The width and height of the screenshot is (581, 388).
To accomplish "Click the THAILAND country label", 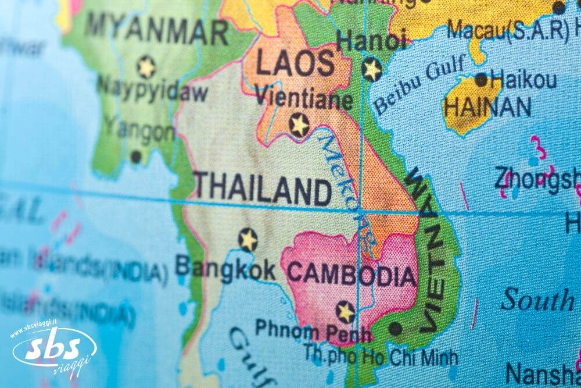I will pyautogui.click(x=262, y=188).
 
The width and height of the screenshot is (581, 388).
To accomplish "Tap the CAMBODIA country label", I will pyautogui.click(x=352, y=273).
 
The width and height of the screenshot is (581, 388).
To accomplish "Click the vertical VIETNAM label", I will pyautogui.click(x=430, y=250).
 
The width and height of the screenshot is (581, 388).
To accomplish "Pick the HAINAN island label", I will pyautogui.click(x=487, y=107).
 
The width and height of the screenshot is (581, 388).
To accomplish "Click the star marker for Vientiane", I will pyautogui.click(x=299, y=125).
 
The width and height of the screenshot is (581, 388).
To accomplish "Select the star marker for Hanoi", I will pyautogui.click(x=372, y=69).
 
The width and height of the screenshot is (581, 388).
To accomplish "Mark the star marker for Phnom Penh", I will pyautogui.click(x=346, y=312).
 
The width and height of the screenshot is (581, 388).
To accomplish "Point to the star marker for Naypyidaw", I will pyautogui.click(x=146, y=67).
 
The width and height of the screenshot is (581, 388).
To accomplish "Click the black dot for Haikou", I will pyautogui.click(x=481, y=80).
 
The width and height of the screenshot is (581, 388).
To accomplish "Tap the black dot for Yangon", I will pyautogui.click(x=136, y=156).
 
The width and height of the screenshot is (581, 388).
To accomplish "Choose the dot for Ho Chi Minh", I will pyautogui.click(x=395, y=329).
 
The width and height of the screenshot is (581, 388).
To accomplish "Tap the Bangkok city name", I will pyautogui.click(x=225, y=268).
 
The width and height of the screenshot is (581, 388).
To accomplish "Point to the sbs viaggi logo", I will pyautogui.click(x=54, y=350).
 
